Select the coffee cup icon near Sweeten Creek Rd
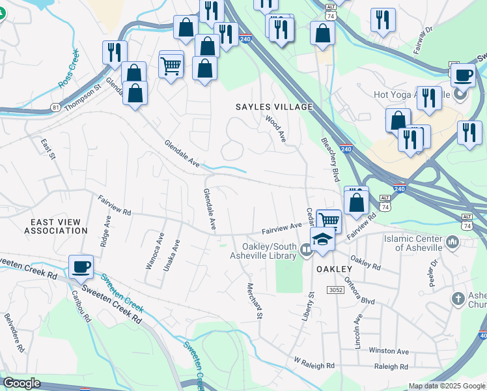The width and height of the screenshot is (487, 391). (x=81, y=267)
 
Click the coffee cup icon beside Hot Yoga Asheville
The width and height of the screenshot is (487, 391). (x=462, y=75)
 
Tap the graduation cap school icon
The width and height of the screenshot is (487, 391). (x=322, y=240)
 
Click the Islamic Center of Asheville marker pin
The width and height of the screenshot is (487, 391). (x=453, y=243)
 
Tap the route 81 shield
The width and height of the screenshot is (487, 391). (x=55, y=107)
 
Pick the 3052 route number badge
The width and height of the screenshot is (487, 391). (x=336, y=289)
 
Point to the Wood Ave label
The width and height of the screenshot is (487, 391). (x=275, y=128)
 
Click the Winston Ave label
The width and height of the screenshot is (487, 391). (x=388, y=350)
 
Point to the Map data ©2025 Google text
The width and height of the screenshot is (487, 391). (x=446, y=386)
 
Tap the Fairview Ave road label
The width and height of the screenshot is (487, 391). (x=282, y=227)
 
